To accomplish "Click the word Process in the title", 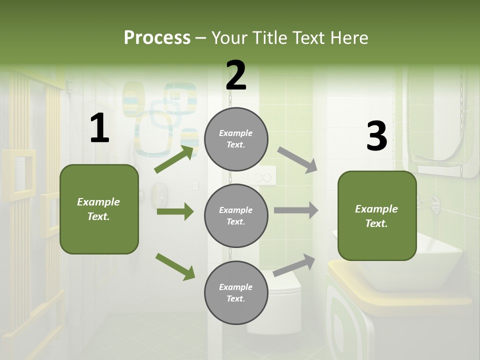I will [x=157, y=38].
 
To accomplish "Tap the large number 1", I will [x=99, y=128].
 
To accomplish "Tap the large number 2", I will [x=236, y=75].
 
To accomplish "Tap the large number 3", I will [x=376, y=136].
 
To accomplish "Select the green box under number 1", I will [x=99, y=209].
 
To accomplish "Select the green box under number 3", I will [x=377, y=216].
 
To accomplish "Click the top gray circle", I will [x=236, y=139].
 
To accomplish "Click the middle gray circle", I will [x=236, y=215].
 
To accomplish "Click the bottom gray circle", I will [x=236, y=292].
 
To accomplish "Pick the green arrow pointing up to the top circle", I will [x=174, y=159].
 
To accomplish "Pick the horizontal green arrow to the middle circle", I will [x=175, y=211].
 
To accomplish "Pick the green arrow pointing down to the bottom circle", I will [x=175, y=266].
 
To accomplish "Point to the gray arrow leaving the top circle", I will [x=297, y=159].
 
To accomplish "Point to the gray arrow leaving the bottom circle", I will [x=294, y=265].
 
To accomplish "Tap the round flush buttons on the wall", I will [x=263, y=177].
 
